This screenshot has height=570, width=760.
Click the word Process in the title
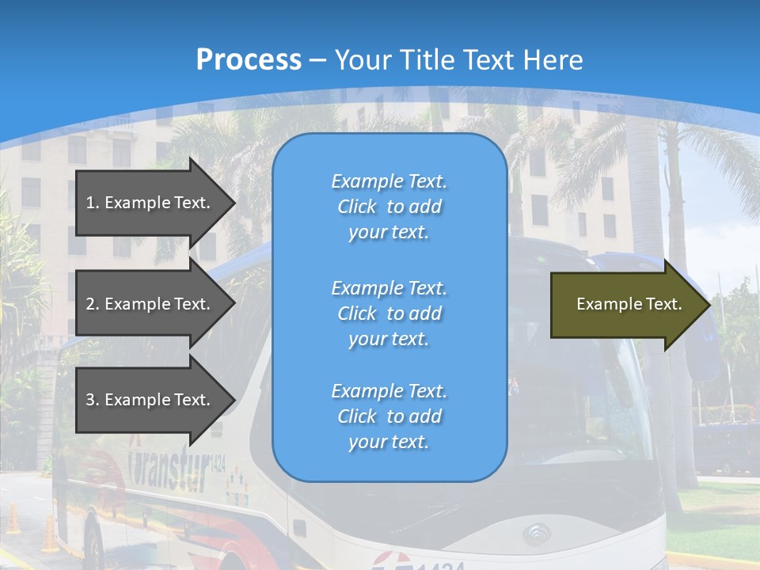pyautogui.click(x=249, y=59)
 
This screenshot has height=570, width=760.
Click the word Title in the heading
pyautogui.click(x=427, y=59)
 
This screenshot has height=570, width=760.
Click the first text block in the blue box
pyautogui.click(x=389, y=207)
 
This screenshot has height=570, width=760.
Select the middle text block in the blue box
pyautogui.click(x=389, y=313)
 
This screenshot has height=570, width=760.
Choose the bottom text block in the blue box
pyautogui.click(x=389, y=416)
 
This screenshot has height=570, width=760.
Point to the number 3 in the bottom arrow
pyautogui.click(x=90, y=400)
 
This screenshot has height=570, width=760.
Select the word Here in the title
pyautogui.click(x=555, y=59)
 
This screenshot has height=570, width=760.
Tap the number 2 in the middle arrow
pyautogui.click(x=90, y=304)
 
